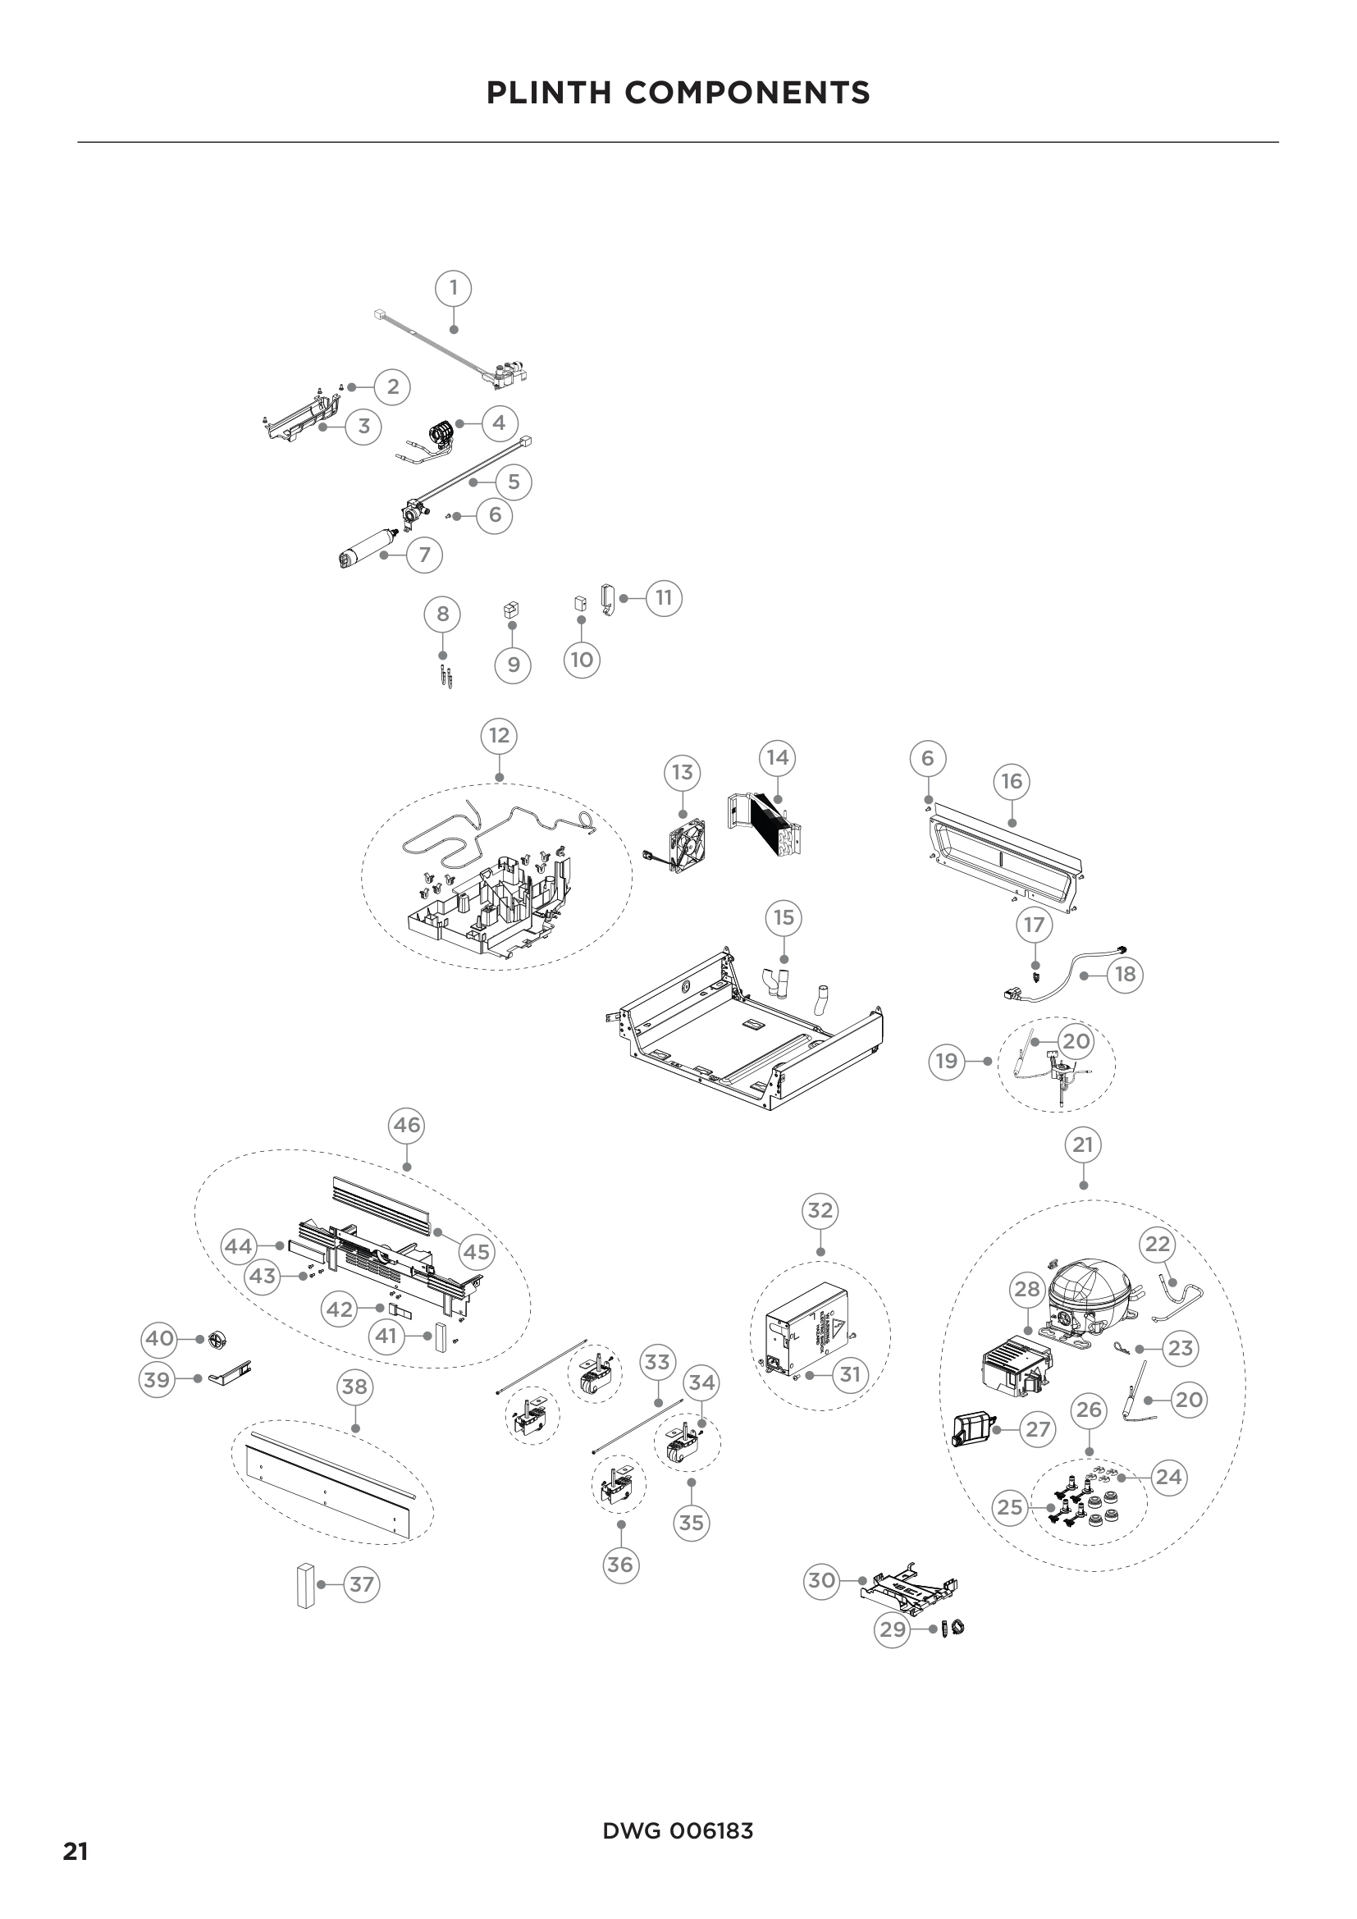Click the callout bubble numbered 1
click(x=453, y=288)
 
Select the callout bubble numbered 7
click(x=424, y=554)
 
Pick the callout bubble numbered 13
click(x=683, y=772)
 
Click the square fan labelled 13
click(x=688, y=845)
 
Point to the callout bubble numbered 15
click(x=784, y=918)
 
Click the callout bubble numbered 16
click(x=1012, y=782)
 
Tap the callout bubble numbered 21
click(x=1083, y=1145)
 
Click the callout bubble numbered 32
click(x=820, y=1210)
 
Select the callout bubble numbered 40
click(x=160, y=1338)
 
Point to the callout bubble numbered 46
click(x=407, y=1126)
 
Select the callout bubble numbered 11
click(x=664, y=598)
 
